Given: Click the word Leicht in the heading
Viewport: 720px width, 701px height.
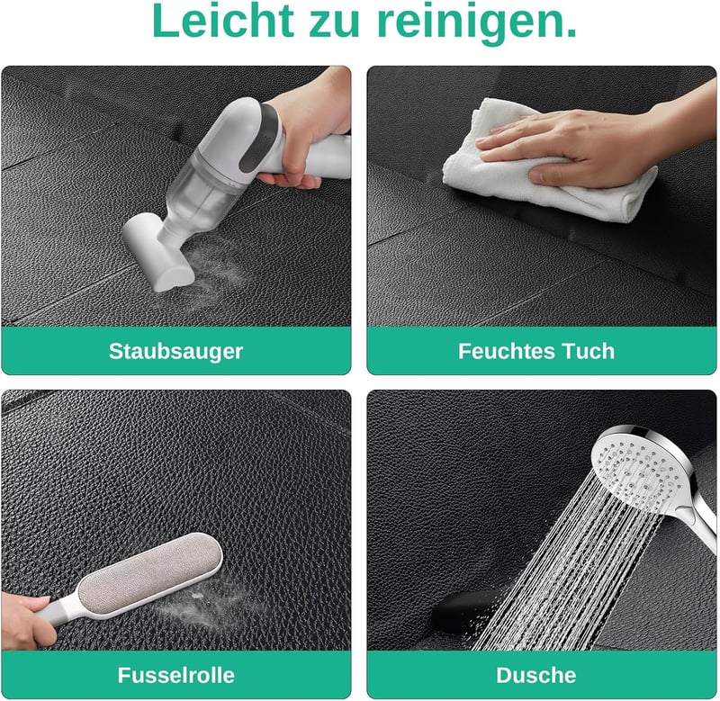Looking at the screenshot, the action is click(222, 21).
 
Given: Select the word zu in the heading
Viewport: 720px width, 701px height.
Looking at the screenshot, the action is click(335, 24).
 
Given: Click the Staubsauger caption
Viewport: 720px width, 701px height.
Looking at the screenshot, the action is click(175, 352).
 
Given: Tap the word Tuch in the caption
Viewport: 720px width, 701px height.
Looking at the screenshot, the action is click(589, 351).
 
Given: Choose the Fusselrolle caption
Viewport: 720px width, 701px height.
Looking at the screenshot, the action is click(175, 675).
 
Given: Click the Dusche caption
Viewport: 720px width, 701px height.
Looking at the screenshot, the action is click(535, 675).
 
